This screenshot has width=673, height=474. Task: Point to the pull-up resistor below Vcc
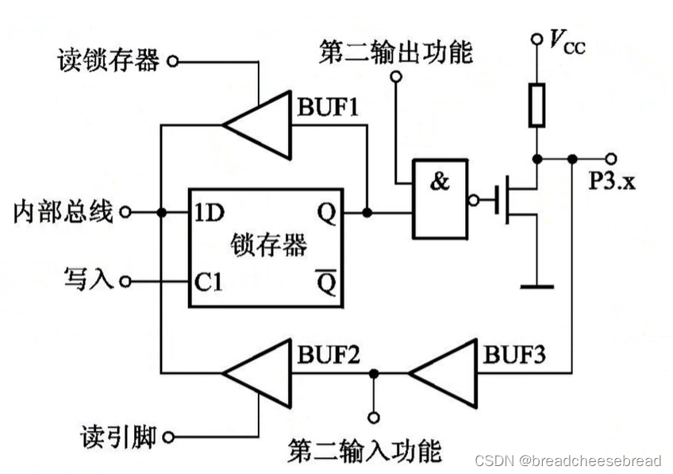537,106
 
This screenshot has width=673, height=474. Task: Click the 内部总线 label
63,212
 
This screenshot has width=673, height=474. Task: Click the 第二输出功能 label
395,52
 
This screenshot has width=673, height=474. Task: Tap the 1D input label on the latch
210,212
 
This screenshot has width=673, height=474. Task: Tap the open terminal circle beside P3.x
610,158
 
